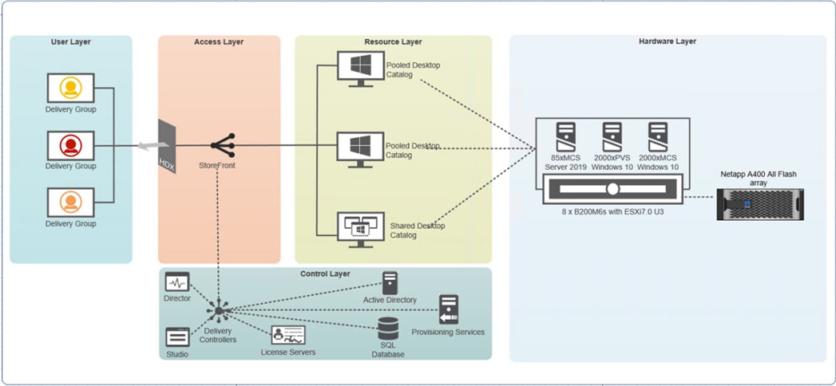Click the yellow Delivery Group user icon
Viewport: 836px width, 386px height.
(70, 88)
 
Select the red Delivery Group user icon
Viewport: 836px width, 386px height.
(70, 145)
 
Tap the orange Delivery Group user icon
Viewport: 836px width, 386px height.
(70, 203)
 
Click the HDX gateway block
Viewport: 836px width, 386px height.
(167, 145)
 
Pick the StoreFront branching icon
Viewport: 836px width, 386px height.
(222, 145)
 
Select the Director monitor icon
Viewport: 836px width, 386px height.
(176, 282)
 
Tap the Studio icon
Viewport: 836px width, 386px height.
(176, 337)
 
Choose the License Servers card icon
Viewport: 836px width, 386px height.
(287, 335)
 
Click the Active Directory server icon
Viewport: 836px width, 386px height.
(390, 282)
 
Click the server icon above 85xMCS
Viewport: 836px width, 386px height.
(565, 133)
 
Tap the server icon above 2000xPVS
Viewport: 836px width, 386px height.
(612, 133)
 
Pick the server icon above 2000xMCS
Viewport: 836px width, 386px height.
(658, 133)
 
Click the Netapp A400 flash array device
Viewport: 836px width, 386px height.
(759, 205)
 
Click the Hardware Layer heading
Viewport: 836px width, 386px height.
(668, 41)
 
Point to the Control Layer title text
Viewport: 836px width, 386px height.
(325, 274)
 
